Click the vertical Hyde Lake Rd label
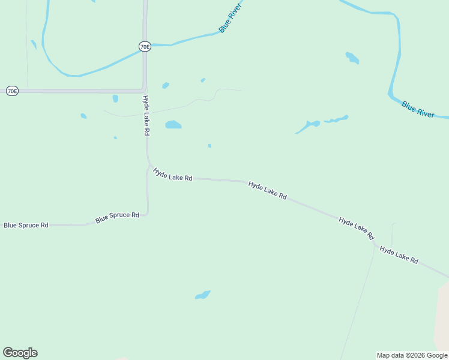[x=146, y=115]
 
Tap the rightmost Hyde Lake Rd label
[x=399, y=255]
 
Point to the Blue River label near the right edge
[x=418, y=109]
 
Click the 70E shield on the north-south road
[x=144, y=46]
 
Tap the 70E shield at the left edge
[x=12, y=91]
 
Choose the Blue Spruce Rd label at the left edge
[x=26, y=225]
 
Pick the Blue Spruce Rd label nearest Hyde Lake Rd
[x=117, y=217]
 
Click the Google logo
[x=20, y=353]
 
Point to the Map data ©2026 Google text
[x=412, y=355]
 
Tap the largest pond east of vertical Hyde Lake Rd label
[x=173, y=125]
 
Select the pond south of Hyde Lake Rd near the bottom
[x=202, y=295]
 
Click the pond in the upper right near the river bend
[x=352, y=58]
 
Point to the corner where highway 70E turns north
[x=144, y=90]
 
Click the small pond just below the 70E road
[x=115, y=98]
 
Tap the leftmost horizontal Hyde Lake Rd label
[x=172, y=174]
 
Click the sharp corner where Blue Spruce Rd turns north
[x=147, y=213]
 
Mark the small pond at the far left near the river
[x=34, y=44]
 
